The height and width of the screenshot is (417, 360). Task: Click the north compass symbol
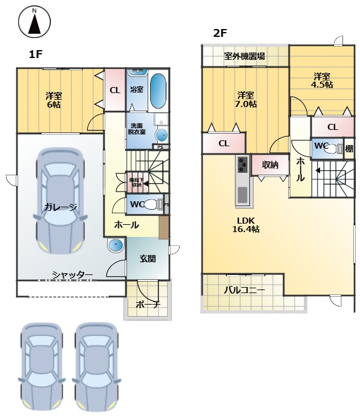coord(34,22)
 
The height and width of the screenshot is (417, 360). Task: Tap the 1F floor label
coord(35,55)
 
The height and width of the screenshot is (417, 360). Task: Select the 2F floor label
coord(219,34)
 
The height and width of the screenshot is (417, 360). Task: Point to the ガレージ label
coord(60,207)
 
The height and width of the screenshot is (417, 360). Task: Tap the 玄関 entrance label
coord(148,258)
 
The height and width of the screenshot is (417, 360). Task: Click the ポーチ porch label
coord(148,304)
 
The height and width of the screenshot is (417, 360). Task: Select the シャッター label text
coord(72,275)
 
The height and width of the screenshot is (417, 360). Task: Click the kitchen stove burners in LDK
coord(242,164)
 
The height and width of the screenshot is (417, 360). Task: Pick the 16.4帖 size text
coord(246,229)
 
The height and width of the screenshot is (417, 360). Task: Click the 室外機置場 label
coord(244,56)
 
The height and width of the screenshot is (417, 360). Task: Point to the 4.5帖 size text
coord(321,85)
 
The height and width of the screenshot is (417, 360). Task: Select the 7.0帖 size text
coord(246,103)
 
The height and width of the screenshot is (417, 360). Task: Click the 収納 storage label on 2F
coord(270,164)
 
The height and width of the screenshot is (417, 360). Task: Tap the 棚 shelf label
coord(349,148)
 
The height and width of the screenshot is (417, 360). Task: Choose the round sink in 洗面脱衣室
coord(162,134)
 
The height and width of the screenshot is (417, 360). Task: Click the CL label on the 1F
coord(114,90)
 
